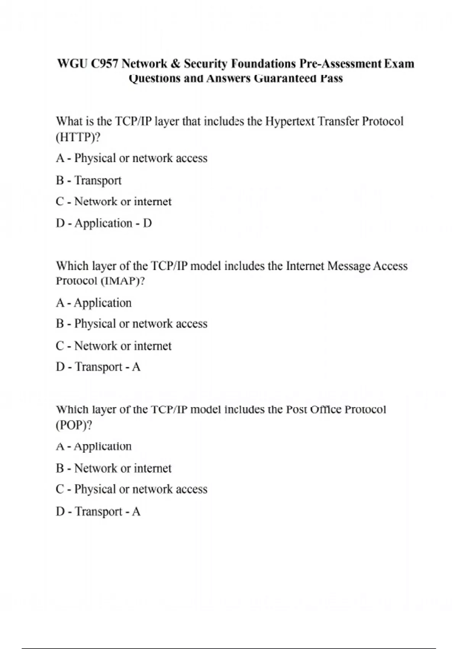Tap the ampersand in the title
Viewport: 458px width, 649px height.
pyautogui.click(x=175, y=63)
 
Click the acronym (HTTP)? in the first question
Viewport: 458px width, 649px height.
pyautogui.click(x=78, y=137)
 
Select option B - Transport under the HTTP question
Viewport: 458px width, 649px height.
pyautogui.click(x=89, y=180)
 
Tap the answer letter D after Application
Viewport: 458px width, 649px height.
pyautogui.click(x=147, y=223)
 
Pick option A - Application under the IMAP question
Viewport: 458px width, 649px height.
pyautogui.click(x=94, y=303)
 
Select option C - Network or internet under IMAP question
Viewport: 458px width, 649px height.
pyautogui.click(x=114, y=346)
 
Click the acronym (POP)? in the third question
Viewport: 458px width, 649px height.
pyautogui.click(x=74, y=425)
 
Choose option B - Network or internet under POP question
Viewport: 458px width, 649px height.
pyautogui.click(x=114, y=468)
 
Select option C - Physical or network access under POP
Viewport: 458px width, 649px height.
pyautogui.click(x=131, y=489)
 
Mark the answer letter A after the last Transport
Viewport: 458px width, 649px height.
pyautogui.click(x=136, y=512)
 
